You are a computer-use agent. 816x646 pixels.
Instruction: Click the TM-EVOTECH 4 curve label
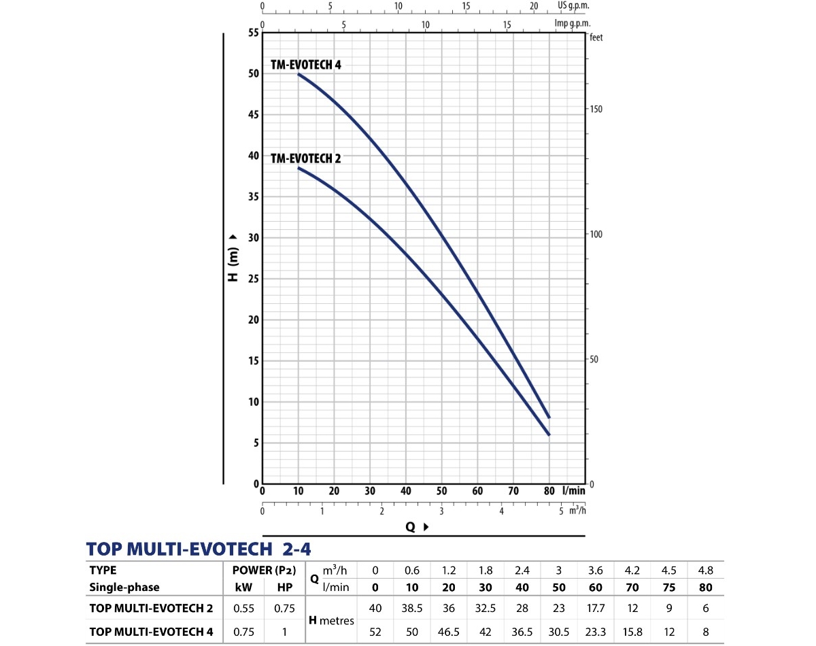click(305, 65)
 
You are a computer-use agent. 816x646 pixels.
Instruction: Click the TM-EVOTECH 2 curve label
click(305, 159)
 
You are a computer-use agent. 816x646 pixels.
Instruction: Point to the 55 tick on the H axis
click(254, 33)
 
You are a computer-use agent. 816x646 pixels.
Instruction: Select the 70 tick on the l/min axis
click(513, 491)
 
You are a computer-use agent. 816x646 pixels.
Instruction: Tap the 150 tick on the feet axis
click(596, 109)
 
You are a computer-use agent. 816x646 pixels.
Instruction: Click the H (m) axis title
click(233, 258)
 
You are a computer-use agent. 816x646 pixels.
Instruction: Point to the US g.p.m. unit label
click(573, 5)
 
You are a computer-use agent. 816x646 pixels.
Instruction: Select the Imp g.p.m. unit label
click(571, 22)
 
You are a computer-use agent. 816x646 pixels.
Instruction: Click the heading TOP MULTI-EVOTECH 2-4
click(199, 549)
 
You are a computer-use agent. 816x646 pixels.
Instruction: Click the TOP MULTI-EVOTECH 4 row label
click(151, 632)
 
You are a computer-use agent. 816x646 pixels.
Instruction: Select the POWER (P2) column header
click(265, 571)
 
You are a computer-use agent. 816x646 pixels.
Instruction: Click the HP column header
click(284, 587)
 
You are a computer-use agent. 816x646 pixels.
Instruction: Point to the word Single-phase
click(124, 587)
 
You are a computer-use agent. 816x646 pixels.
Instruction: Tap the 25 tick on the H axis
click(254, 279)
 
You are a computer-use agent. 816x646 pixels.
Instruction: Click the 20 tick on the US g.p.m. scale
click(534, 5)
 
